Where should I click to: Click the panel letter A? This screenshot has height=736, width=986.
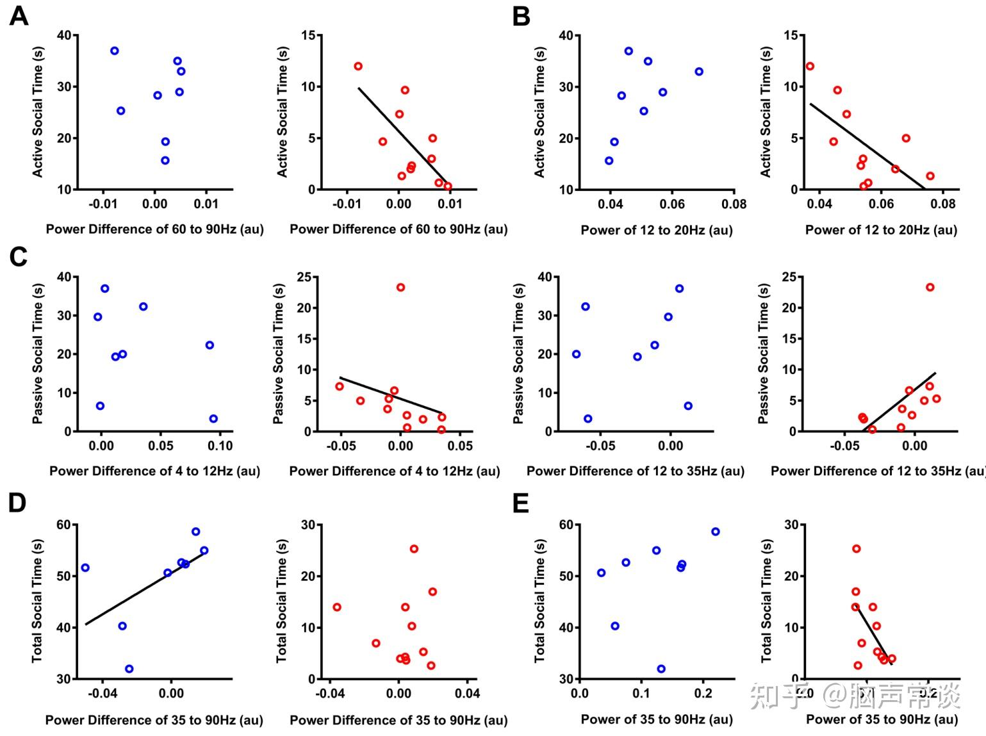pos(19,15)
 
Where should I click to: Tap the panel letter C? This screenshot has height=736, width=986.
pos(18,257)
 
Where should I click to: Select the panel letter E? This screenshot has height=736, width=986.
pos(521,503)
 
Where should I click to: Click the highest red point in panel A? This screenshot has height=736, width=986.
pos(358,66)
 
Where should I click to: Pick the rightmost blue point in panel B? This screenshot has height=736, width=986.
pos(699,72)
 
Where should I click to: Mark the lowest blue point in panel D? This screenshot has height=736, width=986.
pos(129,669)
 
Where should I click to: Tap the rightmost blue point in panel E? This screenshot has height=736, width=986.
pos(715,532)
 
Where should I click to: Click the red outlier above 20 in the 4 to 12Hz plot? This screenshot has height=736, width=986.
pos(400,288)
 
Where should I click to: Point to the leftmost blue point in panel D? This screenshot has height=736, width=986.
pos(85,568)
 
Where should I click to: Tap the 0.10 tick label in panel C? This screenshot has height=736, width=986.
pos(220,446)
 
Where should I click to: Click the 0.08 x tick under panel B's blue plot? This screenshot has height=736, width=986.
pos(734,204)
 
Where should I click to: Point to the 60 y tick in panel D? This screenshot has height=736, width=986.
pos(64,525)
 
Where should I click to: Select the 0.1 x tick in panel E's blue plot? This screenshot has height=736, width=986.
pos(641,694)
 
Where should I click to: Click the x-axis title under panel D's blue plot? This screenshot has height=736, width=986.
pos(154,720)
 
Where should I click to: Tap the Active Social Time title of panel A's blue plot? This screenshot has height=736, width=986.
pos(38,112)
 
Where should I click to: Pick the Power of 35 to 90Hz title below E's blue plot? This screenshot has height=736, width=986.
pos(657,719)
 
